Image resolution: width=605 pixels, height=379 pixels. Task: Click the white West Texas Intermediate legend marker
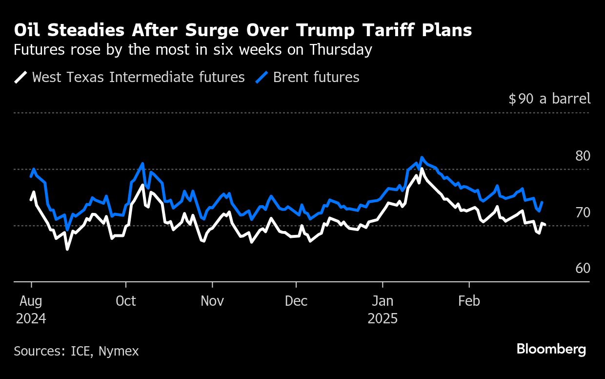click(x=21, y=77)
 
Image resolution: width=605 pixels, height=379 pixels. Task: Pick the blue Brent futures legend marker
click(x=262, y=77)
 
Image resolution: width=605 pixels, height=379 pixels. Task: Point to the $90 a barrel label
click(x=549, y=99)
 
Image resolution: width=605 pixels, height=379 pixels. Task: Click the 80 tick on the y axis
click(x=583, y=156)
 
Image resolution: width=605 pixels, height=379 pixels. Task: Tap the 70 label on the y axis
click(x=583, y=212)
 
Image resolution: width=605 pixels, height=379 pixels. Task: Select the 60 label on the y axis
click(x=583, y=269)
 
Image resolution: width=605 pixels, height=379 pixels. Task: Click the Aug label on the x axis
click(x=31, y=301)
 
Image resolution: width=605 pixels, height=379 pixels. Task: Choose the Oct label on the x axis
click(x=126, y=301)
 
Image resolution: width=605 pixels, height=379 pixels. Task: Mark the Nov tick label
click(x=212, y=301)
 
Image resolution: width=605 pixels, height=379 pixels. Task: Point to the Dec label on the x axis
click(x=296, y=301)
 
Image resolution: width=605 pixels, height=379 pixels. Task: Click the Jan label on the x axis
click(x=383, y=301)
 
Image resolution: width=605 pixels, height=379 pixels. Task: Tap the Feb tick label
click(x=469, y=301)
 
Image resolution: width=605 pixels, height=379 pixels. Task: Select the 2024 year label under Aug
click(x=31, y=319)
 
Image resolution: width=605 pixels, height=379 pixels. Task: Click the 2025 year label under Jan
click(x=383, y=319)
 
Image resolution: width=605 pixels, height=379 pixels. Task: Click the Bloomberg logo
click(x=551, y=349)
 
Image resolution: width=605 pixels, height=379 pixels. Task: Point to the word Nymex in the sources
click(x=119, y=351)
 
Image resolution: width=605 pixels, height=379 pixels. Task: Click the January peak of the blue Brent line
click(x=422, y=158)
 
